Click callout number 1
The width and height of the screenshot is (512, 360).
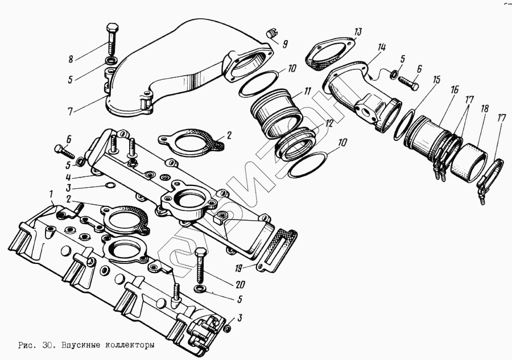(52, 196)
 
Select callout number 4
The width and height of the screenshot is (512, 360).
(68, 177)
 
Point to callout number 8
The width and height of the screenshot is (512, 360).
(71, 58)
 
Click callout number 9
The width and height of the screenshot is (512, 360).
(285, 44)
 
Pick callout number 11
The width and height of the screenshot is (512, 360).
(307, 91)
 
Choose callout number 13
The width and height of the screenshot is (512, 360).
(357, 31)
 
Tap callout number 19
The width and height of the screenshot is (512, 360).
(240, 267)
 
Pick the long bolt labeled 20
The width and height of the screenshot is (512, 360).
(201, 265)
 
